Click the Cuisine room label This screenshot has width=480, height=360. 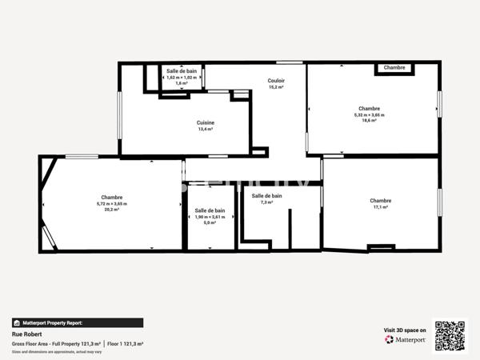tap(206, 122)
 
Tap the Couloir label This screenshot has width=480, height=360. tap(276, 81)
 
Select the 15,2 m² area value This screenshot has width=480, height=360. tap(276, 87)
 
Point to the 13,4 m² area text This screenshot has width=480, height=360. tap(206, 129)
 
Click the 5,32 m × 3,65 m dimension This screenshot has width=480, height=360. tap(369, 114)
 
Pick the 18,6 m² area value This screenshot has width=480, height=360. tap(369, 121)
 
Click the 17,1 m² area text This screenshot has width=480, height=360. tap(380, 207)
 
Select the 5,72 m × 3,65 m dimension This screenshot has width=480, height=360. tap(111, 204)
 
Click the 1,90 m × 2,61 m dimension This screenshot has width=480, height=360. tap(210, 217)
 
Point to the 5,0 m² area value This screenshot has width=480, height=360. tap(210, 223)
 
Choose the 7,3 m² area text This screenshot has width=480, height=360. tap(266, 202)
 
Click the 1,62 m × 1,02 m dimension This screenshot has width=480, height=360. tap(182, 77)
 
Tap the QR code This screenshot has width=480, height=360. tap(450, 336)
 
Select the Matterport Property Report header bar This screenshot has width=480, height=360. tap(78, 322)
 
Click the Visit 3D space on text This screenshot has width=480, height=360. tap(405, 329)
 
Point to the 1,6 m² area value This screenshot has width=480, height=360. tap(182, 83)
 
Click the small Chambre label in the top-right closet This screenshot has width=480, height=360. tap(394, 68)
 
